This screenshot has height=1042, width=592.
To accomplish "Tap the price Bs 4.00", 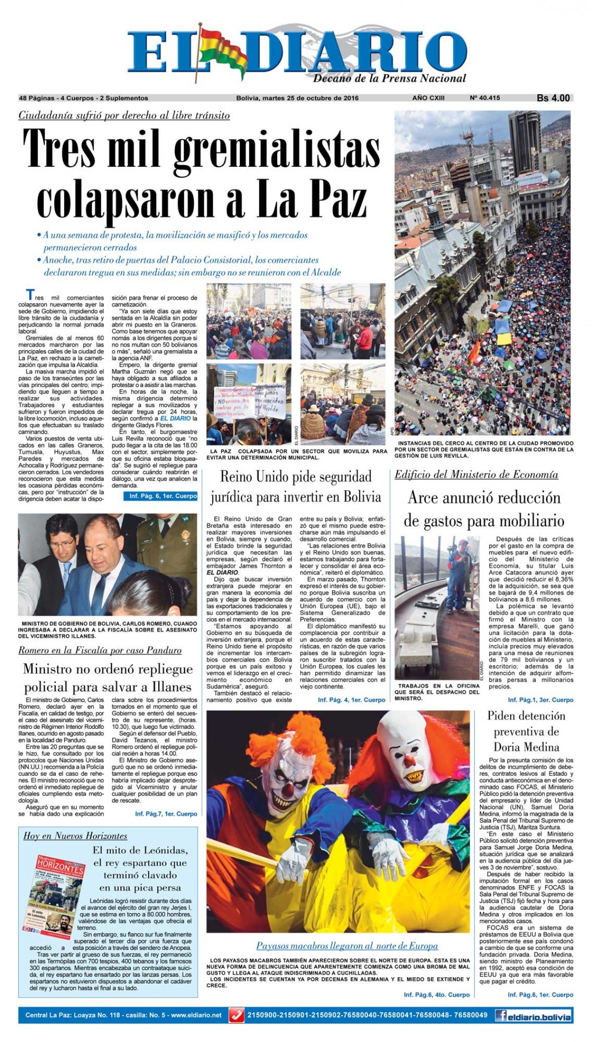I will click(553, 98).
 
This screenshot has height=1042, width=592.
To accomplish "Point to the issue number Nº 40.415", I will click(485, 98).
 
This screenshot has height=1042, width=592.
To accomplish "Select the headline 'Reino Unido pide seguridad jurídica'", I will click(296, 487).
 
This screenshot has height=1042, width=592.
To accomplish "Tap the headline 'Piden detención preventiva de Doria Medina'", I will click(526, 731).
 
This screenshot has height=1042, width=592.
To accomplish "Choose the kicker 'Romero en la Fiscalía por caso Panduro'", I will click(100, 650).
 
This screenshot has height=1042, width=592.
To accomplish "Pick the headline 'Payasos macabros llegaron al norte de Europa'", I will click(347, 945).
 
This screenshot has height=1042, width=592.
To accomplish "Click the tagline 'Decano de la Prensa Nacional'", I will click(389, 78).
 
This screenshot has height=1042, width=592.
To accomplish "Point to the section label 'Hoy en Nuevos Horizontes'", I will click(75, 836).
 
